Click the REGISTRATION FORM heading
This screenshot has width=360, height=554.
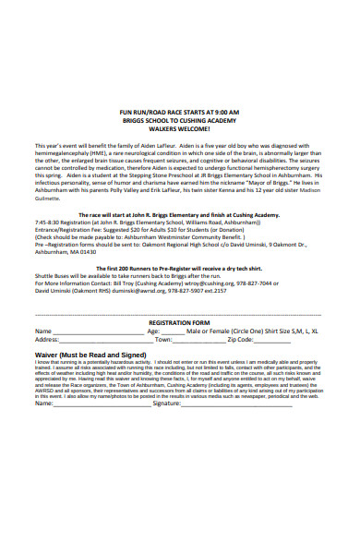[180, 323]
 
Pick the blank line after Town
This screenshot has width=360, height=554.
[199, 342]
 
